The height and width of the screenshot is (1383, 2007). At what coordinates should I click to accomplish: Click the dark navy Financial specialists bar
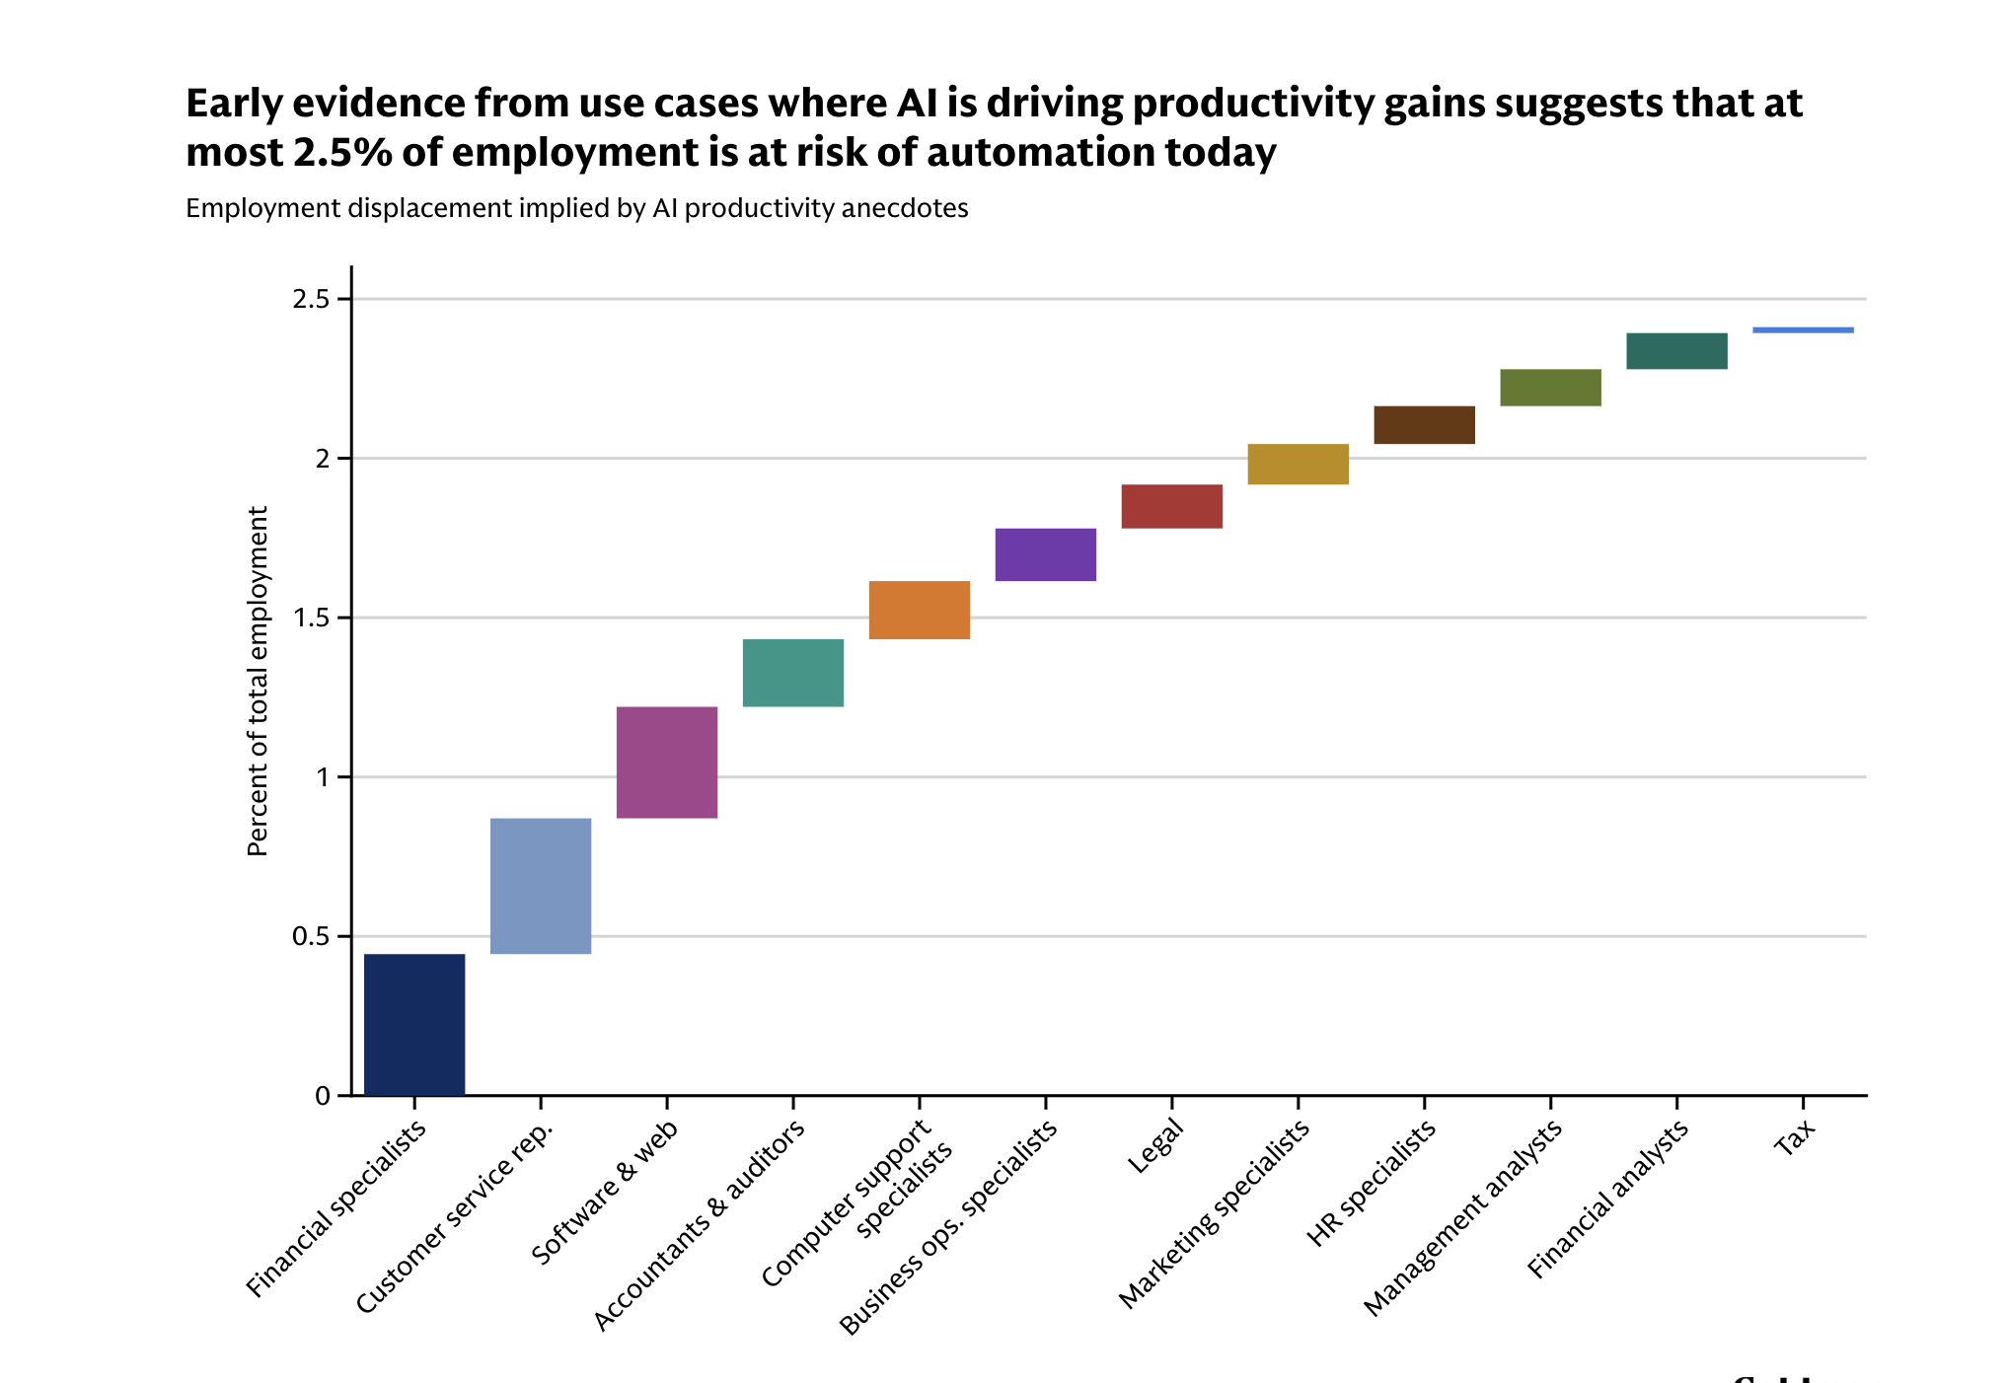pos(414,1024)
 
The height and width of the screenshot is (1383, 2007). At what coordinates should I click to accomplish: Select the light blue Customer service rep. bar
pos(541,886)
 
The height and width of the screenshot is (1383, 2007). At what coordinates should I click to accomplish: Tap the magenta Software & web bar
pos(667,763)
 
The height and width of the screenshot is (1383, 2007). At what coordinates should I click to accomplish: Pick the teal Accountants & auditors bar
pos(793,673)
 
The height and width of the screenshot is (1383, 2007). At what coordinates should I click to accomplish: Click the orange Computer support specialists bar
pos(920,611)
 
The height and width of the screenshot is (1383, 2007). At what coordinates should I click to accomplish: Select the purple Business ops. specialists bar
pos(1046,555)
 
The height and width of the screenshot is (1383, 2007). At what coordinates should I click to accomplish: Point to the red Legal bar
pos(1172,507)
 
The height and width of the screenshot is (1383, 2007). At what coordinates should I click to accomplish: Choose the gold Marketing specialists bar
pos(1299,465)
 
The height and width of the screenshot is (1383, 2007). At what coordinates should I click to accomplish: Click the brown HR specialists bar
pos(1425,425)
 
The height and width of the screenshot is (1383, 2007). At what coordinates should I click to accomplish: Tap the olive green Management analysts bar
pos(1551,388)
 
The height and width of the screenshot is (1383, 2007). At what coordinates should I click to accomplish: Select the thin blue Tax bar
pos(1804,330)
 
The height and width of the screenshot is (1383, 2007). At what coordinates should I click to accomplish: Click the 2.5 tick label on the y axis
pos(310,299)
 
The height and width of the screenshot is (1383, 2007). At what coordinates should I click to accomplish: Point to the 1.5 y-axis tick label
pos(310,619)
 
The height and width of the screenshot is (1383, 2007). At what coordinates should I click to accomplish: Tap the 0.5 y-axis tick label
pos(310,937)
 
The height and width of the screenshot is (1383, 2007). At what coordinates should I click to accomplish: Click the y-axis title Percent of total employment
pos(258,681)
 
